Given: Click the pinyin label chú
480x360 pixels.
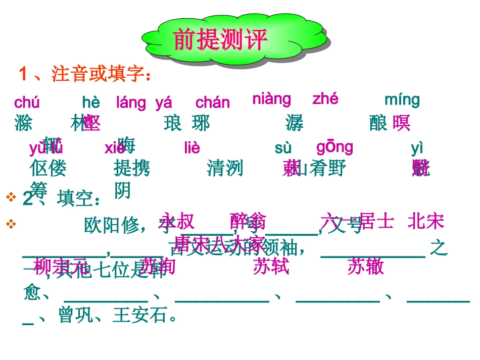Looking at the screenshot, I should pyautogui.click(x=27, y=102).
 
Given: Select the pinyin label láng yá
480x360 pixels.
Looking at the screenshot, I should pyautogui.click(x=144, y=103).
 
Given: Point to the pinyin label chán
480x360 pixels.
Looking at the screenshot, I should pyautogui.click(x=213, y=103).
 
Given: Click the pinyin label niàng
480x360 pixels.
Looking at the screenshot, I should pyautogui.click(x=272, y=99).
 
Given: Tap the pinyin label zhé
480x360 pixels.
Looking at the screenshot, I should pyautogui.click(x=325, y=99).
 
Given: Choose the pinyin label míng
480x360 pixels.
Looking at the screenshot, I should pyautogui.click(x=402, y=100).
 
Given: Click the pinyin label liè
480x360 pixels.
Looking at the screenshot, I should pyautogui.click(x=193, y=148).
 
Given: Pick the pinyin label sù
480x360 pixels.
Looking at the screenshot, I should pyautogui.click(x=283, y=148).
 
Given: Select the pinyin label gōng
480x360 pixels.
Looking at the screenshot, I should pyautogui.click(x=335, y=147).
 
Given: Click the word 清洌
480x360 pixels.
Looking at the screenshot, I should pyautogui.click(x=225, y=168).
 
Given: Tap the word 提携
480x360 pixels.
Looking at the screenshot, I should pyautogui.click(x=132, y=168).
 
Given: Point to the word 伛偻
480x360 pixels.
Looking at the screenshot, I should pyautogui.click(x=48, y=168).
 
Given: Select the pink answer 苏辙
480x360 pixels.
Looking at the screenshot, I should pyautogui.click(x=366, y=266).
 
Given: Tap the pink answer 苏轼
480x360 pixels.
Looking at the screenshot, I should pyautogui.click(x=271, y=266).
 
